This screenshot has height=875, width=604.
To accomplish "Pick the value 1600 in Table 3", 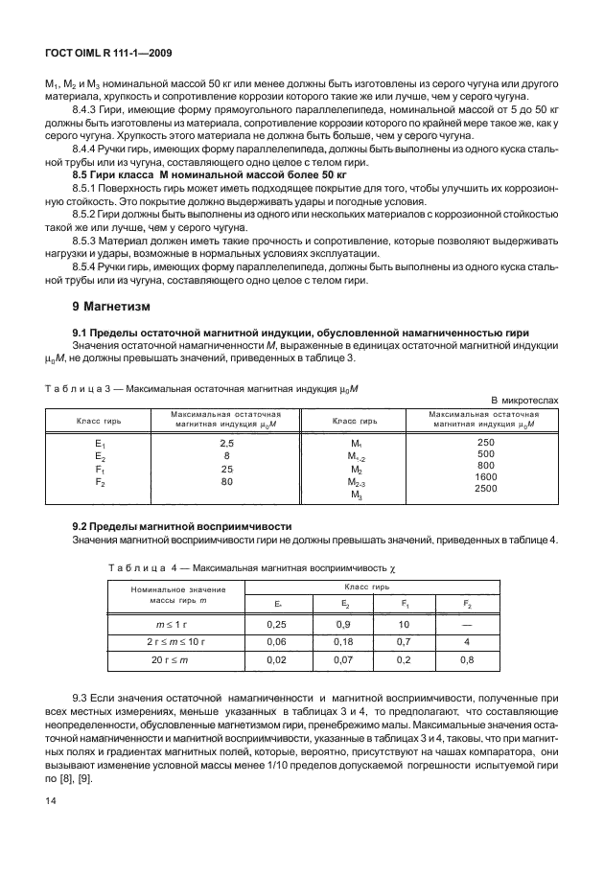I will (486, 476).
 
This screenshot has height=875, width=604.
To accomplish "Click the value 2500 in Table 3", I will (486, 488).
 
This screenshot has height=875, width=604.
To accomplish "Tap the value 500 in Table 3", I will (486, 453).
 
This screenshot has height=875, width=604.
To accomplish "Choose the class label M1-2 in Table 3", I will (355, 457).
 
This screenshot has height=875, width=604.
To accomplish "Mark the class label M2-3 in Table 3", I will (355, 484).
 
